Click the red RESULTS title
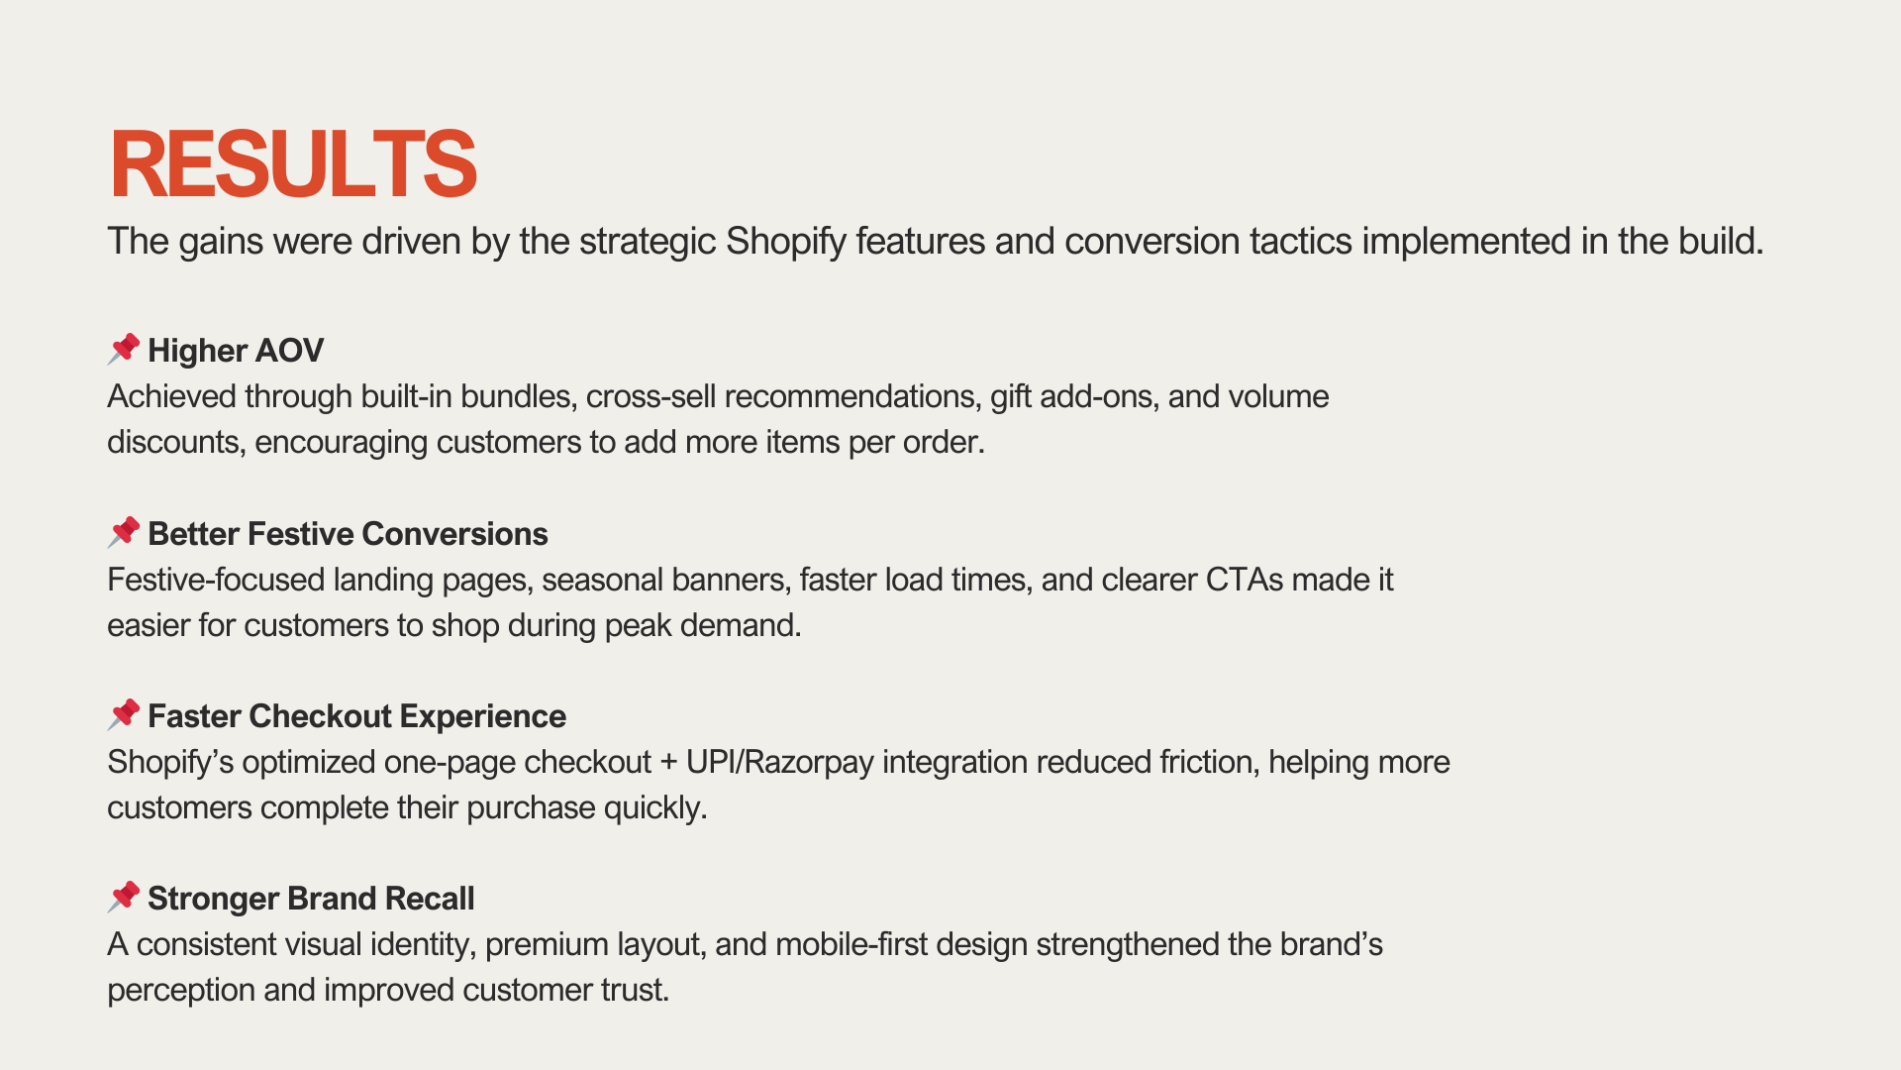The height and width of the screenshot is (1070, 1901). click(x=293, y=163)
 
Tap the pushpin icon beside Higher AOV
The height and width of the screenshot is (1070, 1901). click(x=124, y=349)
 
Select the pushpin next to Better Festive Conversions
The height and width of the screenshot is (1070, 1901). click(x=124, y=532)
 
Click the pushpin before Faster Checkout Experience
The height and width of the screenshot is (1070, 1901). click(x=124, y=714)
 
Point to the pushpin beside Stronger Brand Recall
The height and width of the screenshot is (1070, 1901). click(x=124, y=897)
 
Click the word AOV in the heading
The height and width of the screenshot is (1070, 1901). click(x=289, y=351)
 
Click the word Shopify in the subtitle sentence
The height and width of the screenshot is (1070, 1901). click(x=786, y=242)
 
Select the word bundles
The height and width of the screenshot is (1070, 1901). click(x=517, y=397)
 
